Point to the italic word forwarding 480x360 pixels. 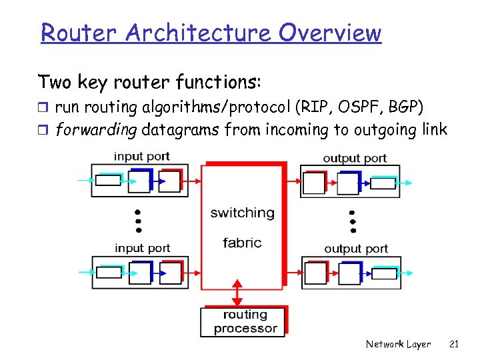[96, 129]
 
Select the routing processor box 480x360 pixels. [244, 321]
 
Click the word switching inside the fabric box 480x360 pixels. [242, 213]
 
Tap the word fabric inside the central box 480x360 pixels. [242, 243]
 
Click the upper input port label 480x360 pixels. [142, 157]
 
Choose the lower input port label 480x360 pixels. [142, 248]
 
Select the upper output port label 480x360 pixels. [355, 158]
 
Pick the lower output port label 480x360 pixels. [356, 249]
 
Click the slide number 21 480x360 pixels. [454, 344]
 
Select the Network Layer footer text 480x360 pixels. [398, 344]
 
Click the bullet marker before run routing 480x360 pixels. [44, 107]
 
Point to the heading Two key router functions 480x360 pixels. [150, 82]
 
